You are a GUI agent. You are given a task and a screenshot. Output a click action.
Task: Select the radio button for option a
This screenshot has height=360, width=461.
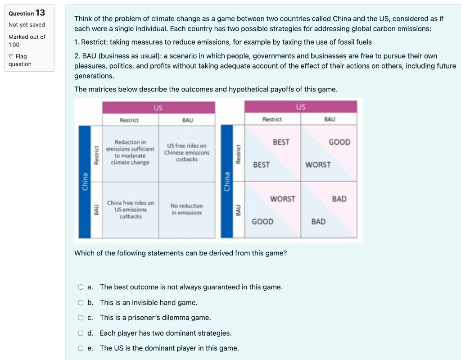(81, 287)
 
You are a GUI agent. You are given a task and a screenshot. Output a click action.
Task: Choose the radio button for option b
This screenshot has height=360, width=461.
(81, 302)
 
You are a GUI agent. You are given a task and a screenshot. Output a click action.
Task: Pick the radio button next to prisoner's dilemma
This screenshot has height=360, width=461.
(81, 318)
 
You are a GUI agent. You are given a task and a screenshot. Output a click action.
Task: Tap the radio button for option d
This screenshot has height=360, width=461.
(81, 333)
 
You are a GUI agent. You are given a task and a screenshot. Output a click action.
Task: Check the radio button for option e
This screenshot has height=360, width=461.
(81, 348)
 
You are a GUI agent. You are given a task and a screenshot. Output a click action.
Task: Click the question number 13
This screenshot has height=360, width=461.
(40, 13)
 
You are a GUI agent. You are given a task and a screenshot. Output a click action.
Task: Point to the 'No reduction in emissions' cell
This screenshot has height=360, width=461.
(187, 209)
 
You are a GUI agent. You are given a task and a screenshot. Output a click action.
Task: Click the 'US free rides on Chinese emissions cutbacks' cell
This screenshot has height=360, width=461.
(187, 152)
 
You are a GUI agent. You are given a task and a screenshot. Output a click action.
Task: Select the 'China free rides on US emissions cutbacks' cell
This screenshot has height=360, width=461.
(131, 210)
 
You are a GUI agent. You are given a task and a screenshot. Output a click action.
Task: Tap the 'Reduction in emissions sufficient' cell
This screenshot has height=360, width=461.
(131, 152)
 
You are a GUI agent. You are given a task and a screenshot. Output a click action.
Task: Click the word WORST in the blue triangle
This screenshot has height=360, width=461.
(318, 165)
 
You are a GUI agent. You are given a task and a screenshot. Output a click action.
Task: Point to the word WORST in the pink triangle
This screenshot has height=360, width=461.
(283, 199)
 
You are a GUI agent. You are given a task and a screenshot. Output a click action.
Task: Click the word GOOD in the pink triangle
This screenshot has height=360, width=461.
(339, 142)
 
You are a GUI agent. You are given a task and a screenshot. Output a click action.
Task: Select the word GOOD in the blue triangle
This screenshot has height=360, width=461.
(262, 222)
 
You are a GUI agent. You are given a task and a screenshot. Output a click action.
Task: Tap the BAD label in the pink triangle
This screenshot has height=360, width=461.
(339, 199)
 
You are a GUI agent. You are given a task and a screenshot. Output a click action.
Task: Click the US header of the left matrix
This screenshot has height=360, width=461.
(158, 108)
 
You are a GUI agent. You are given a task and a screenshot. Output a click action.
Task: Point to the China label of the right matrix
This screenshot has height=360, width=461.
(227, 182)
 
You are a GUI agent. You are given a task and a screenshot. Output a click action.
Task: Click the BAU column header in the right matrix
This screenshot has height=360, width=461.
(330, 119)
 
